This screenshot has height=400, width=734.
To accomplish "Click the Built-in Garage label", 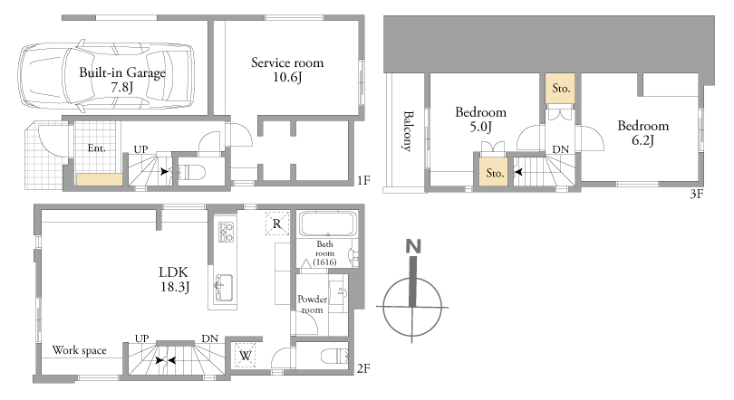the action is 122,73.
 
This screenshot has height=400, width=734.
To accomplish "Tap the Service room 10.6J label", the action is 287,70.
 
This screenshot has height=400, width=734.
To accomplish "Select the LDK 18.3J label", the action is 174,279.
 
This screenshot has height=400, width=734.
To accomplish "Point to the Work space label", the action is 79,350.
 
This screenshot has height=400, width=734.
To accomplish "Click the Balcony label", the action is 408,131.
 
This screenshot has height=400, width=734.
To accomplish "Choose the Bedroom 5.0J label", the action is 481,119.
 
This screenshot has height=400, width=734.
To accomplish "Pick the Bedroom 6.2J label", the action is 643,133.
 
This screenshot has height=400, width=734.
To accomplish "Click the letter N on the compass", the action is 413,246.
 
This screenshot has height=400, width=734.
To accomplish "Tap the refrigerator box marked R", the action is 276,224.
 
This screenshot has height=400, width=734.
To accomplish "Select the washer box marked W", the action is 245,355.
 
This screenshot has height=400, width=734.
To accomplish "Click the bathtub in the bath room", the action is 328,224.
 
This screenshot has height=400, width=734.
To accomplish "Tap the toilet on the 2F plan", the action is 334,357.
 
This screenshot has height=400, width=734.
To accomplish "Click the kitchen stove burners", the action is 227,232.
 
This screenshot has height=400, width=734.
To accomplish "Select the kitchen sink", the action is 223,288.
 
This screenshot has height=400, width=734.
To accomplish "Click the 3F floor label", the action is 697,194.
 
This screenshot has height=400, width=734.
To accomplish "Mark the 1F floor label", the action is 363,180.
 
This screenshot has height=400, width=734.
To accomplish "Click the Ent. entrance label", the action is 96,148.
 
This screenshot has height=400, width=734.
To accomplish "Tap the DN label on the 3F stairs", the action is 560,149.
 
